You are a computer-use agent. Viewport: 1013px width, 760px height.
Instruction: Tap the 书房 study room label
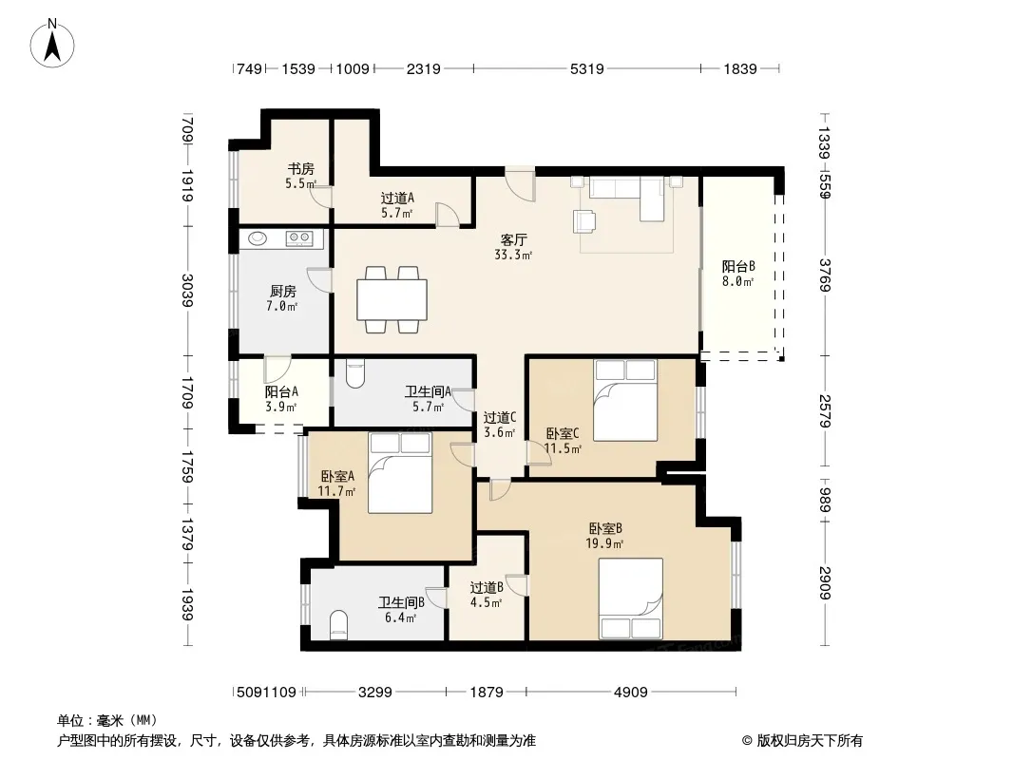pyautogui.click(x=301, y=169)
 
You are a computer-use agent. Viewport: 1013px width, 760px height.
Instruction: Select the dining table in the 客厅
pyautogui.click(x=392, y=299)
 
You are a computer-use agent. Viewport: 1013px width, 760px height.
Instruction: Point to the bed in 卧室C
pyautogui.click(x=625, y=400)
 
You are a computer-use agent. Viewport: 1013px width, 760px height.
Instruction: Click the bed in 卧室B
pyautogui.click(x=631, y=598)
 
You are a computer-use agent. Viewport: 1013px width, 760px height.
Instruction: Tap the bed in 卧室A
pyautogui.click(x=400, y=473)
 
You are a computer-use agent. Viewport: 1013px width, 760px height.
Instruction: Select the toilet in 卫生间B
pyautogui.click(x=338, y=626)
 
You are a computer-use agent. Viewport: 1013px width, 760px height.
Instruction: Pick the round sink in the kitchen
pyautogui.click(x=258, y=238)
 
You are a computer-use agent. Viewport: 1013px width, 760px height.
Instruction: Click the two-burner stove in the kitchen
pyautogui.click(x=299, y=238)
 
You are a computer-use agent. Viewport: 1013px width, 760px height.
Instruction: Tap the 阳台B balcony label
pyautogui.click(x=738, y=266)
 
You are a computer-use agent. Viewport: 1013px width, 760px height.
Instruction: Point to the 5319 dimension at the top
pyautogui.click(x=586, y=68)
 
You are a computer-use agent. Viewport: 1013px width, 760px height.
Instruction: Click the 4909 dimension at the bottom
pyautogui.click(x=631, y=693)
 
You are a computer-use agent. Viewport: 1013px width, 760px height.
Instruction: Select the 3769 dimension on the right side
pyautogui.click(x=824, y=275)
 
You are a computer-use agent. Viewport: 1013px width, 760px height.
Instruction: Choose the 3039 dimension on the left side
pyautogui.click(x=187, y=291)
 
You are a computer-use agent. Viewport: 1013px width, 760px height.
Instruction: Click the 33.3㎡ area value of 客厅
pyautogui.click(x=513, y=255)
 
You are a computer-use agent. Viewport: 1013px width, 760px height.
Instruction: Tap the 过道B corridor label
pyautogui.click(x=487, y=588)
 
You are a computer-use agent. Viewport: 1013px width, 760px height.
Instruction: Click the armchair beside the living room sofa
pyautogui.click(x=585, y=220)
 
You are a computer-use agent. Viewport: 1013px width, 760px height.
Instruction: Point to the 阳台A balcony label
pyautogui.click(x=281, y=392)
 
